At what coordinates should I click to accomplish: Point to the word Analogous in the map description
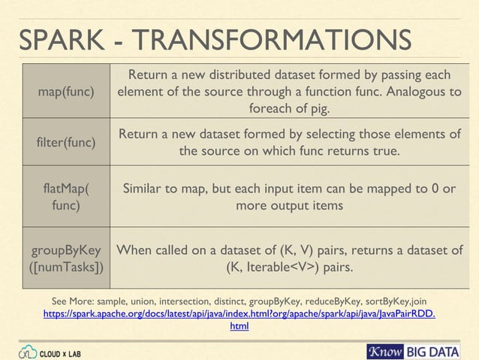[403, 92]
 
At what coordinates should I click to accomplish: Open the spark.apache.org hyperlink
[239, 313]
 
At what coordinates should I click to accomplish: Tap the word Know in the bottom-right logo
[386, 351]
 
